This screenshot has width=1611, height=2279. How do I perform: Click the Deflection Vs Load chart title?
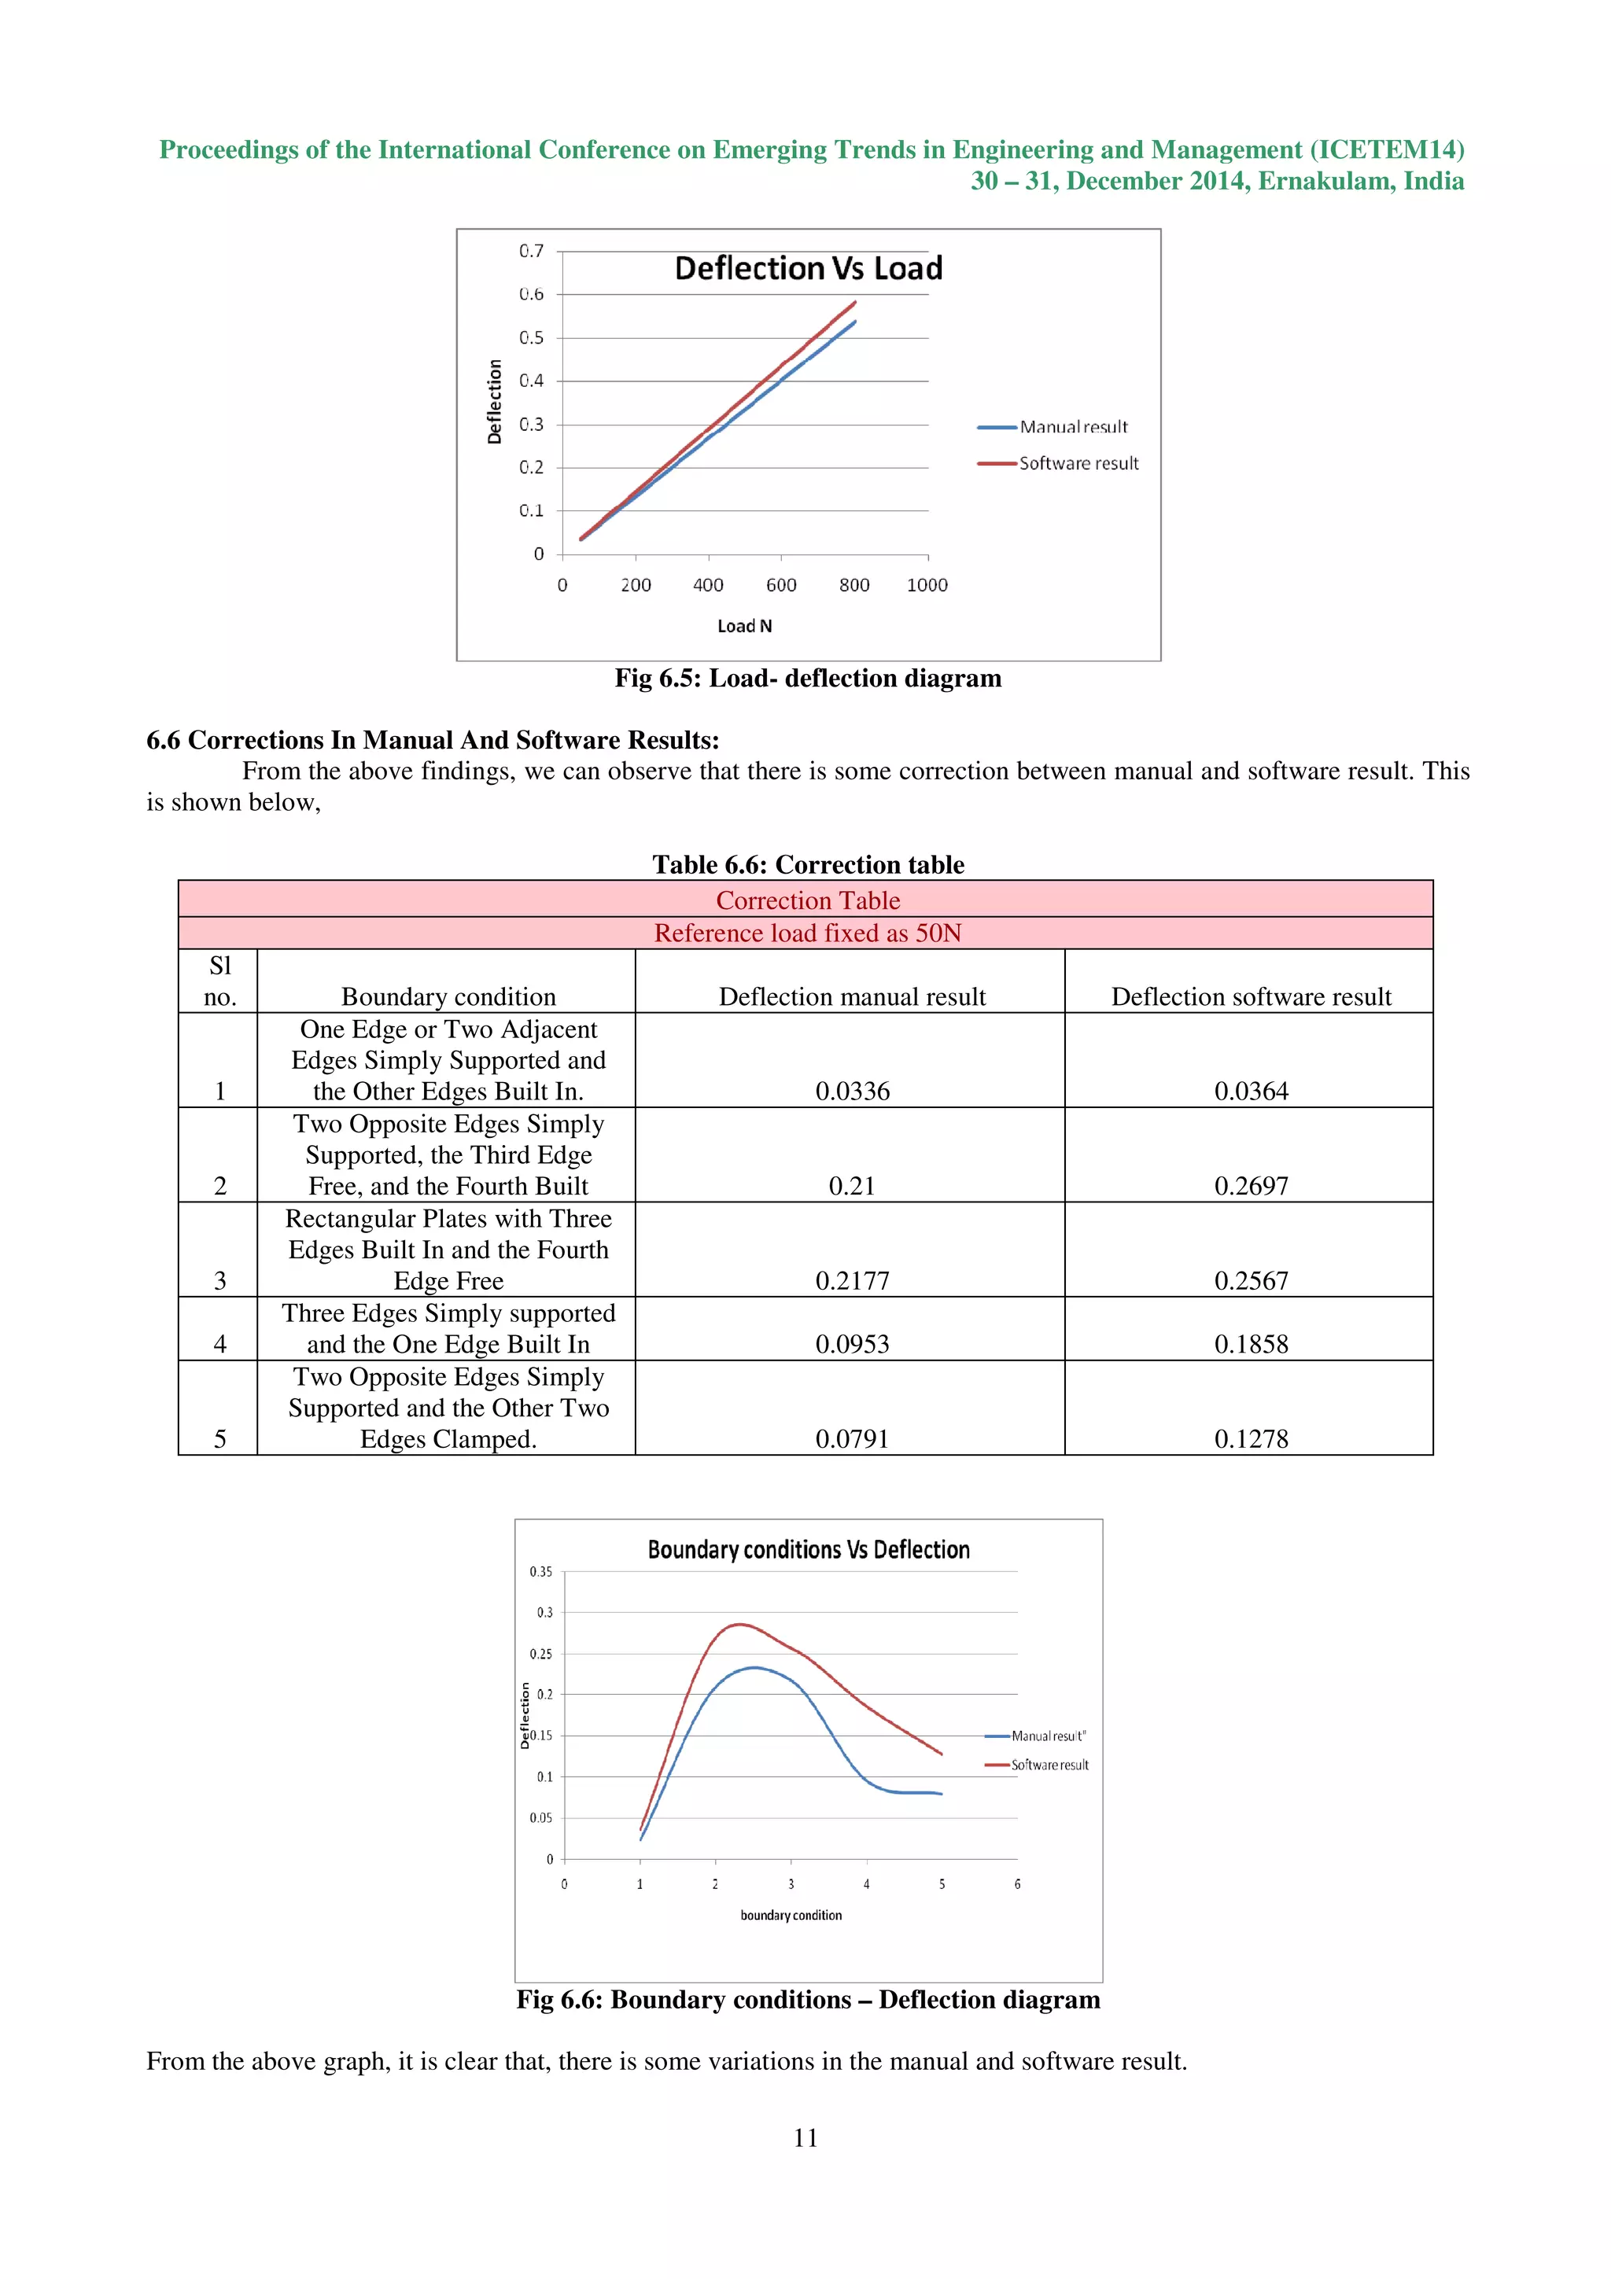point(808,269)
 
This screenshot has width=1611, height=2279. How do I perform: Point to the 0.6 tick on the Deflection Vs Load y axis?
point(532,295)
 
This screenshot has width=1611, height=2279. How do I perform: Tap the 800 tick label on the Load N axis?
point(853,586)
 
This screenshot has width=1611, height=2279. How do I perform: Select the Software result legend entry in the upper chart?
point(1078,463)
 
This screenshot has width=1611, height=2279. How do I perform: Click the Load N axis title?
point(744,626)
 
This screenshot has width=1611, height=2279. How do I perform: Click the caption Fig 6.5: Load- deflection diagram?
point(808,679)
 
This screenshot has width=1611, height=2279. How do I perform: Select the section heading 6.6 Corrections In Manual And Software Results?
point(433,741)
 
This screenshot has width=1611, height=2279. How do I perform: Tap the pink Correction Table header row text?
point(808,900)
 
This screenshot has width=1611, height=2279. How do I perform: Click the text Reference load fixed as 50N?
point(808,933)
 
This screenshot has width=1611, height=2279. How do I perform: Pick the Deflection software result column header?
point(1251,996)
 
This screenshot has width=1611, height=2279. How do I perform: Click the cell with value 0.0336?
point(852,1091)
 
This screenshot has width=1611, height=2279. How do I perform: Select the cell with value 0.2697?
point(1251,1186)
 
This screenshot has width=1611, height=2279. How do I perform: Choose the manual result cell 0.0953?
point(852,1344)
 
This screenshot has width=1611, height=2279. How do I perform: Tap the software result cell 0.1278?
point(1251,1438)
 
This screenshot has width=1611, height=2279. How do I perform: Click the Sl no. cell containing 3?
point(219,1280)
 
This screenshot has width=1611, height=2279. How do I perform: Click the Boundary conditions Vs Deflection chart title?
point(808,1551)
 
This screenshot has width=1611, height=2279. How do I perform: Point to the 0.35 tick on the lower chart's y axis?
point(541,1572)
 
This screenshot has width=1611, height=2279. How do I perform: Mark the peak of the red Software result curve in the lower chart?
point(738,1625)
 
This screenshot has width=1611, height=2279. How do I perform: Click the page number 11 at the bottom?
point(805,2137)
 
